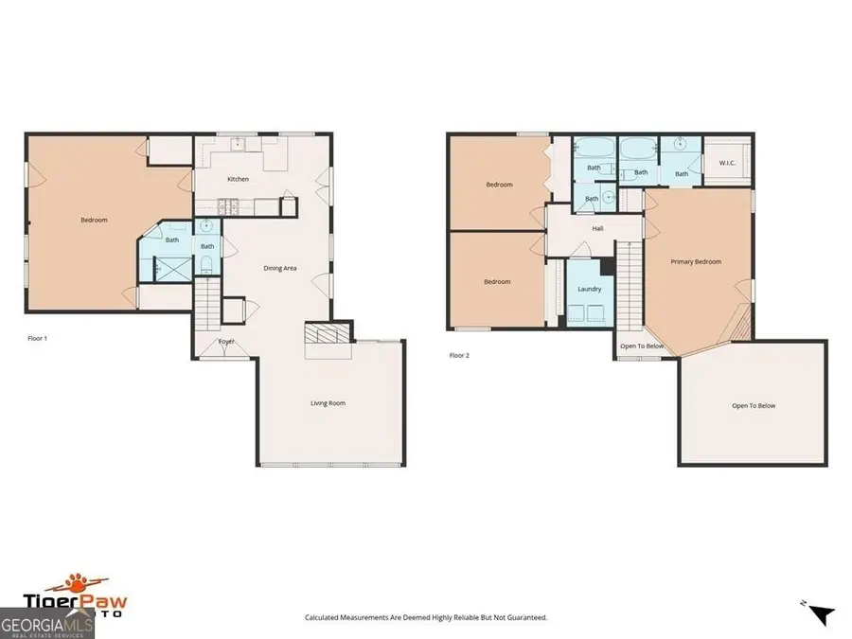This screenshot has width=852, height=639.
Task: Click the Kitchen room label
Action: tap(238, 179)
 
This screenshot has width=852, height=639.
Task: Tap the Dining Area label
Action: tap(279, 268)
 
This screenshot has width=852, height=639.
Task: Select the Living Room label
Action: tap(328, 403)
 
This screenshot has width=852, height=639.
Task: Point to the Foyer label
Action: tap(226, 341)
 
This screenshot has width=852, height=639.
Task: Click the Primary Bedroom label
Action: tap(696, 261)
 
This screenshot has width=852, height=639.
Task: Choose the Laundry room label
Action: tap(589, 289)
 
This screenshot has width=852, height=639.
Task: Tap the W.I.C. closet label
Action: tap(727, 163)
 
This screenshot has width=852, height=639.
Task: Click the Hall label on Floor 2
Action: tap(597, 228)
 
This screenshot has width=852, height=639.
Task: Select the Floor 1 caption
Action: tap(37, 338)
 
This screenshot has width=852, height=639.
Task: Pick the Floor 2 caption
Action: tap(458, 356)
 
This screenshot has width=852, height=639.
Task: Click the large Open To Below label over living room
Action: tap(754, 405)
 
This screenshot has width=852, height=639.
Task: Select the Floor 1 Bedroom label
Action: tap(94, 220)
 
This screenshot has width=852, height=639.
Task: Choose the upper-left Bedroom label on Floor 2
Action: tap(499, 185)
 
